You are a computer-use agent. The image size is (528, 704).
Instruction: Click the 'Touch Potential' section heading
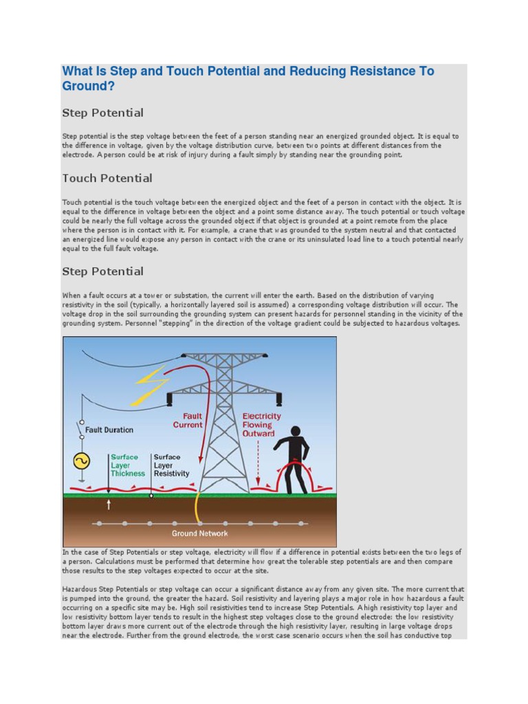click(107, 179)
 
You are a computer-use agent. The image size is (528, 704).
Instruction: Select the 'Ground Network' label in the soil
click(199, 533)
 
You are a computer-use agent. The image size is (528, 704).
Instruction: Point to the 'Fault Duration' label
click(109, 430)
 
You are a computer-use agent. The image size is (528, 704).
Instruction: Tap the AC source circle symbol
click(80, 460)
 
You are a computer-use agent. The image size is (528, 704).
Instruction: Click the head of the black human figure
click(296, 432)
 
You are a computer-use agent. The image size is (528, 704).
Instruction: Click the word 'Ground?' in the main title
click(88, 87)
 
